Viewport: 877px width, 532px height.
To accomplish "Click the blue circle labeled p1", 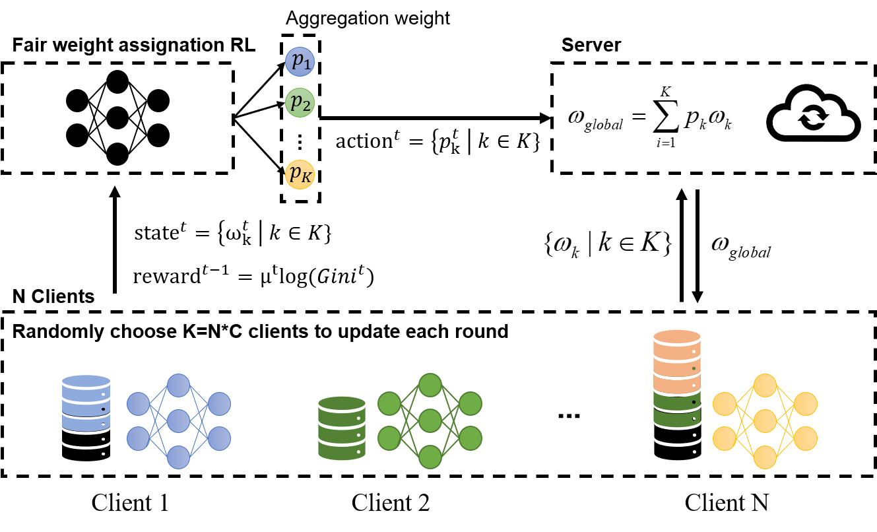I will [300, 61].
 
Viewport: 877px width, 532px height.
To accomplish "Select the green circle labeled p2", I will [300, 102].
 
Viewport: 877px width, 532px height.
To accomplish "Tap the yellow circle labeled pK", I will [300, 175].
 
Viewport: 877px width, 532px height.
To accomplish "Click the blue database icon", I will [86, 403].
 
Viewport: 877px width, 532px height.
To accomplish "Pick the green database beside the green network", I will [342, 428].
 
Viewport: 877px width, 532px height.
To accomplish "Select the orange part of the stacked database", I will [676, 360].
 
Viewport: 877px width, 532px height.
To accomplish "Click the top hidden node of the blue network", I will [178, 385].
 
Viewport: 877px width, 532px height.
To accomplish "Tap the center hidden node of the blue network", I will [178, 420].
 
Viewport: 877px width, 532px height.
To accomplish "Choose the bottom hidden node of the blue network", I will [178, 457].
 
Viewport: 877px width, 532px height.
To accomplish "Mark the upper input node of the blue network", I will [138, 404].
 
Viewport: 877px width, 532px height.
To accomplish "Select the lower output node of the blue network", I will [219, 438].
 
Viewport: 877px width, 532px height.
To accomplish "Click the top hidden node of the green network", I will [430, 385].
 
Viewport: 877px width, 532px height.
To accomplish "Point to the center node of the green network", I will [430, 420].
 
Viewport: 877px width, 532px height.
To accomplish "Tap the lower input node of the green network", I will [389, 438].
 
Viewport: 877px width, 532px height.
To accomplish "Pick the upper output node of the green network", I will [471, 404].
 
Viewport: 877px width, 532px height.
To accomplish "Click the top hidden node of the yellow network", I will [765, 385].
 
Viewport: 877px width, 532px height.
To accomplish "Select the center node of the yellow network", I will [765, 420].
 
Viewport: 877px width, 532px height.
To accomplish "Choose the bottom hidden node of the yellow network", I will [765, 457].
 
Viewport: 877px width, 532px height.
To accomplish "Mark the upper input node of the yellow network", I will [724, 404].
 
